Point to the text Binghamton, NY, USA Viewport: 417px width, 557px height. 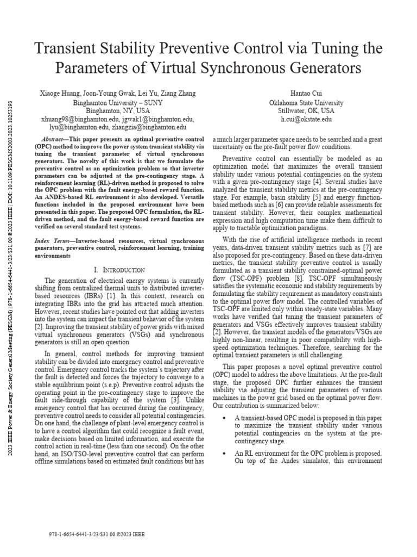click(x=117, y=110)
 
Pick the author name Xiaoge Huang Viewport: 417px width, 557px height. click(x=60, y=94)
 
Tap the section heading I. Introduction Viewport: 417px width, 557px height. click(x=119, y=270)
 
